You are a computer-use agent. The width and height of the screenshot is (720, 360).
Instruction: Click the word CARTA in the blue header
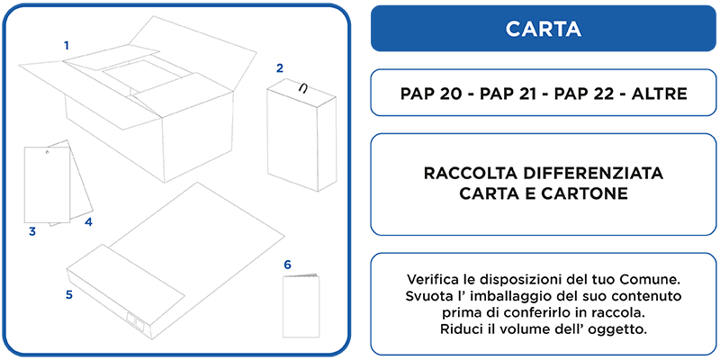544,29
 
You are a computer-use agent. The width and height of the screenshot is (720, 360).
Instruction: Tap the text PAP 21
507,94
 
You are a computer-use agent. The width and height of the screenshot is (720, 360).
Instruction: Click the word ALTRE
660,94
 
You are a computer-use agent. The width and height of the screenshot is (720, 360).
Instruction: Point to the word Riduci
457,329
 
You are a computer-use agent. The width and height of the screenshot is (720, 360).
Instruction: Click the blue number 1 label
67,46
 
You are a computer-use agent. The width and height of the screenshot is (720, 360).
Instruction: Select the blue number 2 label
280,68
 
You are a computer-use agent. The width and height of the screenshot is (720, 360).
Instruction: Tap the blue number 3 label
32,232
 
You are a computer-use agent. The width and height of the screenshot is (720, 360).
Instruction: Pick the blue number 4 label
88,222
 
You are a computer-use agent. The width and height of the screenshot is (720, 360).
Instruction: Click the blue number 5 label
69,295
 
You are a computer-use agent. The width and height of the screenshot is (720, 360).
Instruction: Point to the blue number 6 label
287,265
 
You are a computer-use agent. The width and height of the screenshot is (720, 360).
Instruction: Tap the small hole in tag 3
47,151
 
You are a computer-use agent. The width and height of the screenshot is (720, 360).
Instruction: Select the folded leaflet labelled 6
301,306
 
